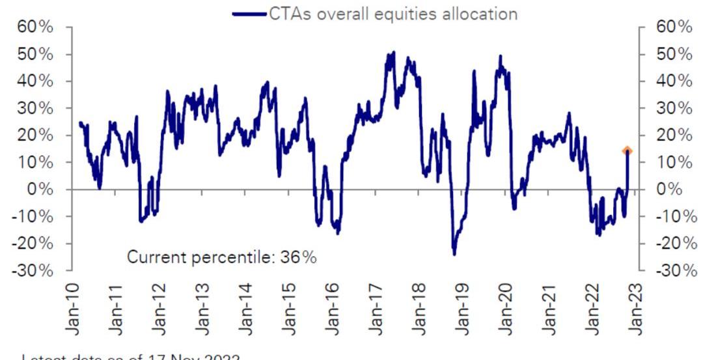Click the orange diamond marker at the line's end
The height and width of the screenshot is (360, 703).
pos(627,151)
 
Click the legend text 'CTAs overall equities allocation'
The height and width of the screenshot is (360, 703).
pos(393,14)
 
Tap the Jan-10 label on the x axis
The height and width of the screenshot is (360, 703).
pos(73,309)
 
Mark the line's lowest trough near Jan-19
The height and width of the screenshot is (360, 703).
pos(454,253)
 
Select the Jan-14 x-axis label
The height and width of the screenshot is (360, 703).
pos(246,309)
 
